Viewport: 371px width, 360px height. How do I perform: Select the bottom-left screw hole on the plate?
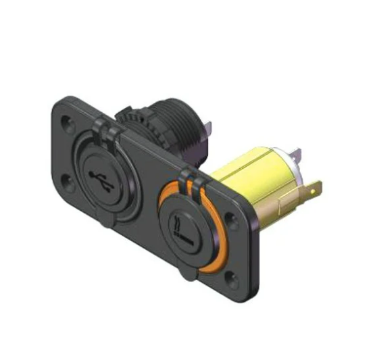click(70, 180)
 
